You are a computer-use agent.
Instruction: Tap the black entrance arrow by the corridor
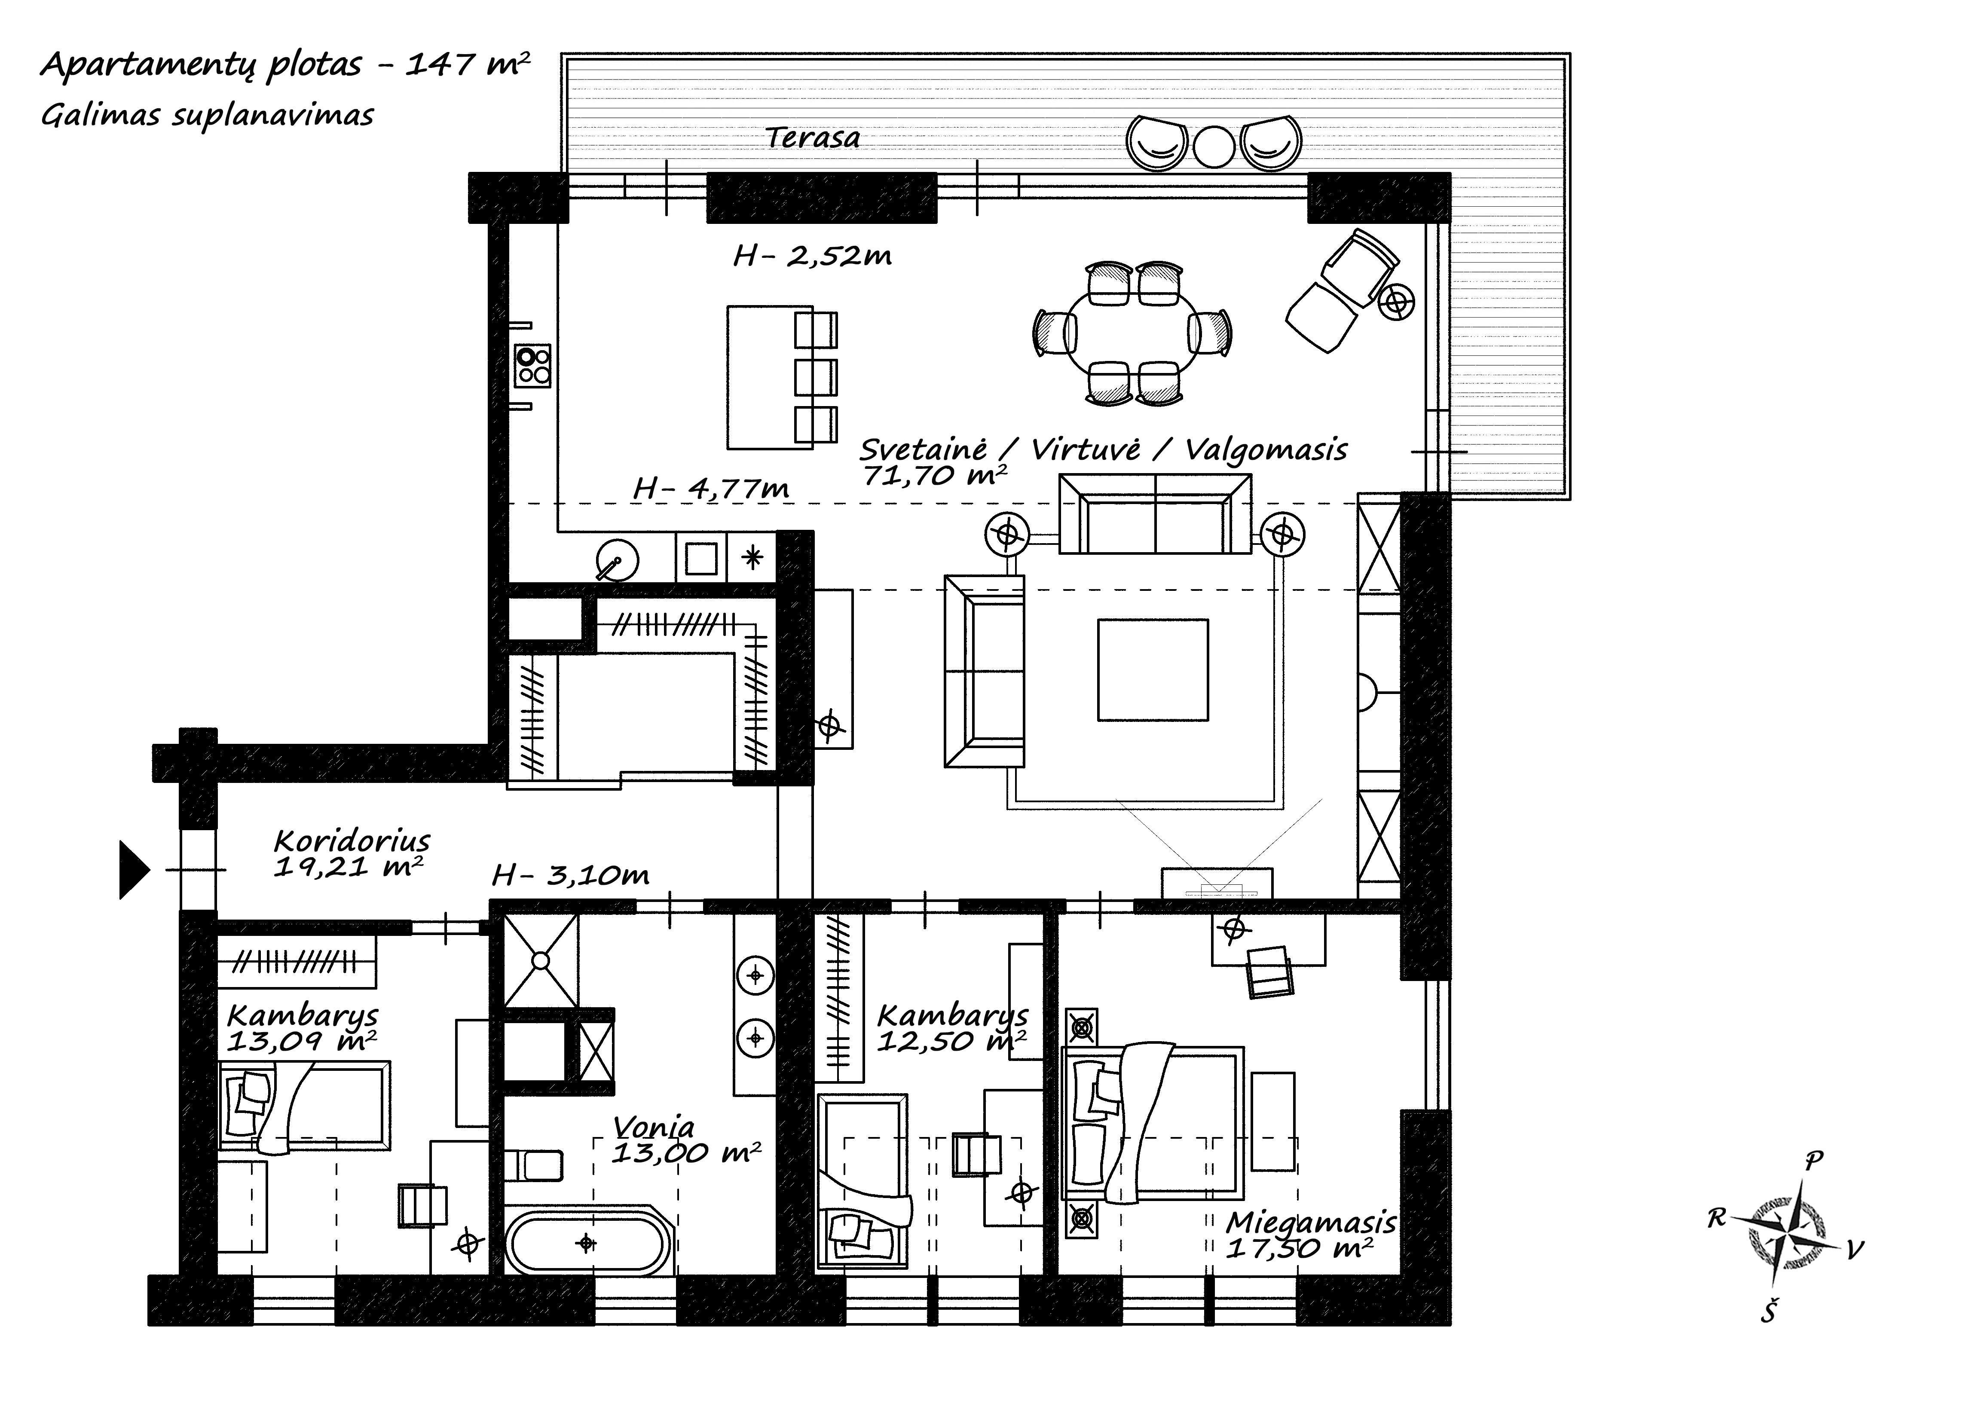point(133,869)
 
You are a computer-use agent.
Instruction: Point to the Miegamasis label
point(1310,1223)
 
